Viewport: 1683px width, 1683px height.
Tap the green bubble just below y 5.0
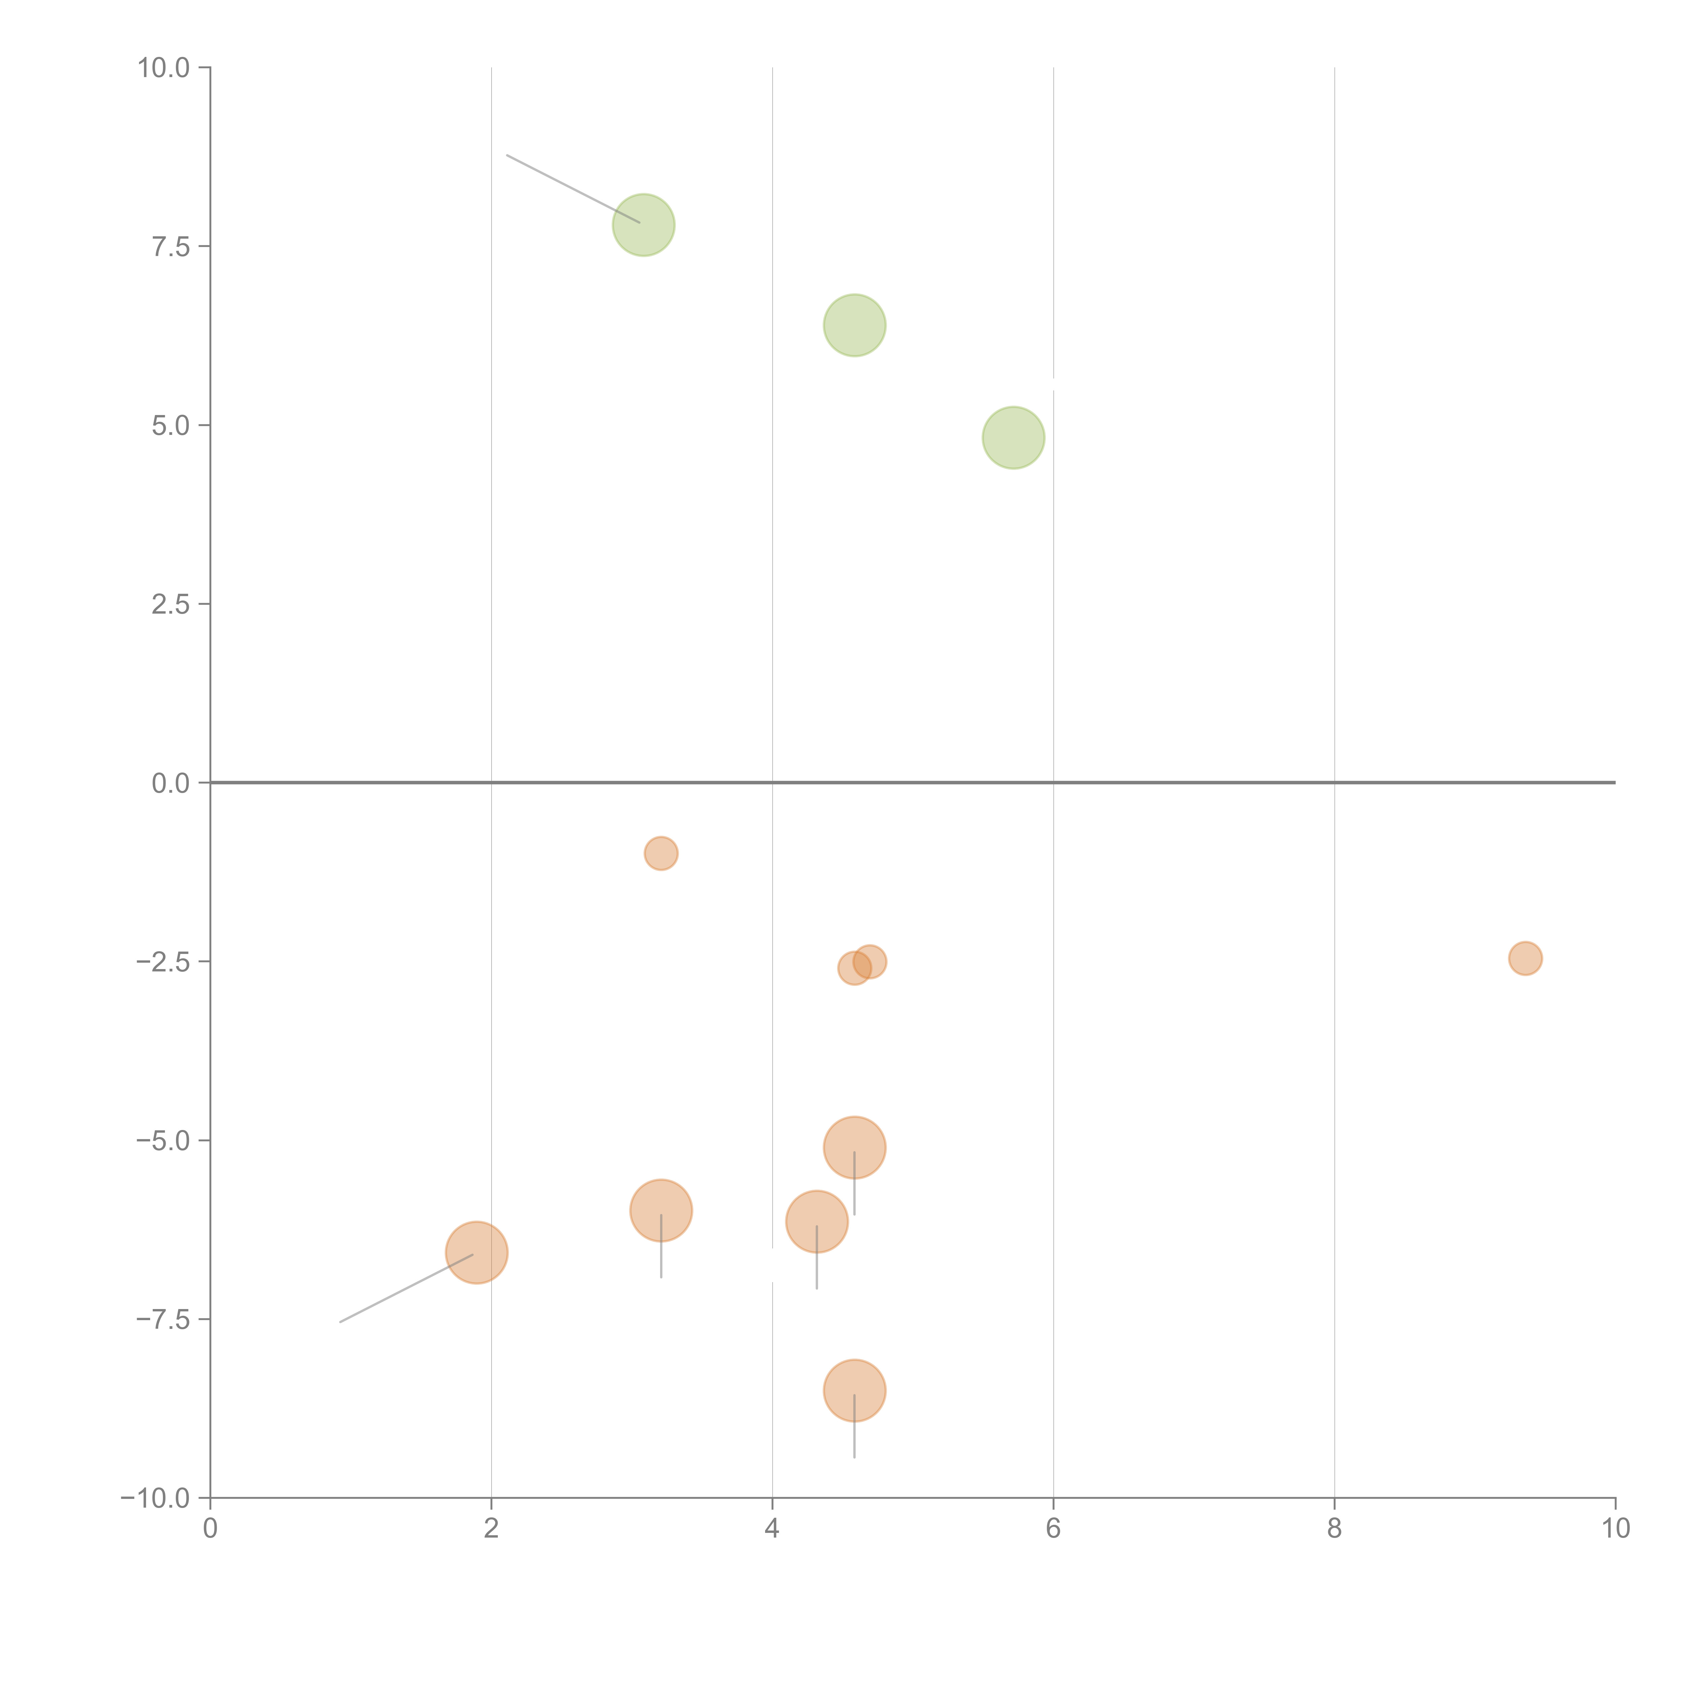point(1013,437)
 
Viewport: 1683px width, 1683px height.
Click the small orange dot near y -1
point(661,853)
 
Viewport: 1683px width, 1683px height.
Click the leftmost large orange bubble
point(477,1253)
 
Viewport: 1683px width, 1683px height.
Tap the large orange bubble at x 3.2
point(661,1210)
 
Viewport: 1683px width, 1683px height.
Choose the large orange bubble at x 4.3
point(816,1221)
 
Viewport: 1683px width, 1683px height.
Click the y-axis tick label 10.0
point(164,68)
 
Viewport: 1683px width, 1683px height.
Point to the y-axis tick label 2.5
point(171,605)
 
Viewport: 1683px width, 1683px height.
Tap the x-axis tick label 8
point(1335,1529)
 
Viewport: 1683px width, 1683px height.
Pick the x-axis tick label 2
point(491,1529)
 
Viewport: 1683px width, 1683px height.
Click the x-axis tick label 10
point(1615,1529)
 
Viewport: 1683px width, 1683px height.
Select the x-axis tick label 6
point(1053,1529)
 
